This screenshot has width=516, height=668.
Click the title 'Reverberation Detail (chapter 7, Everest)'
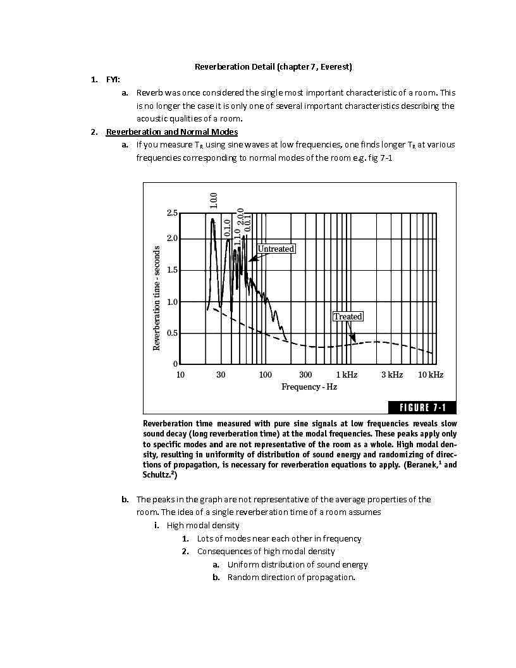[x=273, y=66]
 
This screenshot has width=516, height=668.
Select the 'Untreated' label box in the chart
[x=276, y=249]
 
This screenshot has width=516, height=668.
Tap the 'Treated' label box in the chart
[x=347, y=316]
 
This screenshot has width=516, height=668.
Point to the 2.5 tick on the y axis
[x=172, y=213]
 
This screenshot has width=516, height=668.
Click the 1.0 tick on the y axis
[x=172, y=302]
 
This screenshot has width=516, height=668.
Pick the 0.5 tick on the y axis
[x=172, y=333]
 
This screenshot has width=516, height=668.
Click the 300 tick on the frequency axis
[x=305, y=374]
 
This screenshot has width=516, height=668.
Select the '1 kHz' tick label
[x=347, y=374]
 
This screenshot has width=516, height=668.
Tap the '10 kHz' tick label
[x=430, y=374]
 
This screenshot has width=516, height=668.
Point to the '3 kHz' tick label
[x=391, y=374]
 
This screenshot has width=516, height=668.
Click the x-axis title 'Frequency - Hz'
[x=309, y=387]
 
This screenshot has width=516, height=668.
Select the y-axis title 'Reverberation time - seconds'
[x=157, y=298]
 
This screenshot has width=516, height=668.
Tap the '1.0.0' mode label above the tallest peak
[x=214, y=201]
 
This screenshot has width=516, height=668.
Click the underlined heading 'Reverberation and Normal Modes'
[x=171, y=132]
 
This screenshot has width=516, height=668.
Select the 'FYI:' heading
[x=113, y=79]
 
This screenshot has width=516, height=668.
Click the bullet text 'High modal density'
[x=202, y=525]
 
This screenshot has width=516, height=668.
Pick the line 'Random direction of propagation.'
[x=291, y=577]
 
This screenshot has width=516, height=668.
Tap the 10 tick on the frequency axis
[x=180, y=374]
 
